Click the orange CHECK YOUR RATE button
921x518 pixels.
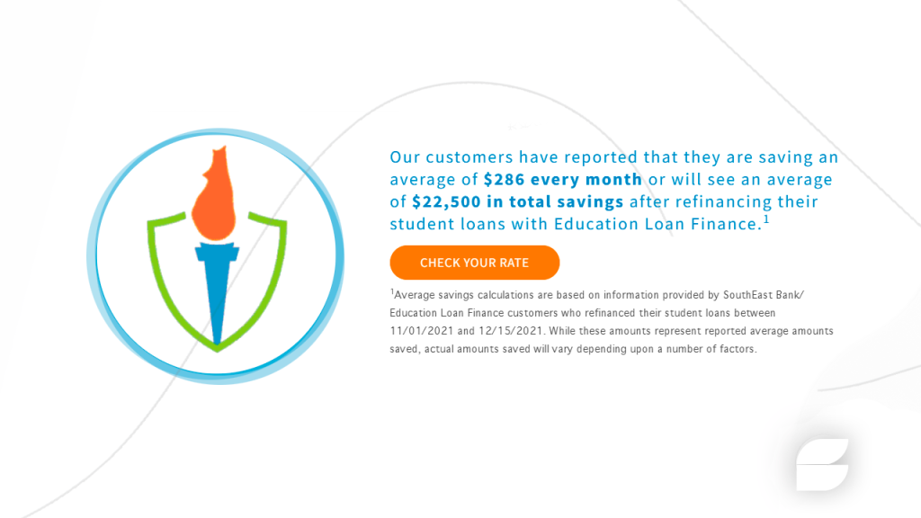click(475, 263)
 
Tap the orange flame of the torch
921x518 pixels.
click(215, 195)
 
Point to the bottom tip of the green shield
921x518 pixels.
click(217, 352)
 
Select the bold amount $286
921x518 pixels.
click(504, 179)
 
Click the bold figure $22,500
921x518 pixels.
click(446, 201)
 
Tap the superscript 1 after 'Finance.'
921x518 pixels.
click(766, 219)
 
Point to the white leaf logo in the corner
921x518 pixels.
click(822, 464)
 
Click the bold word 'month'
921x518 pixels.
click(613, 179)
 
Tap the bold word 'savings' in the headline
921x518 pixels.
click(590, 202)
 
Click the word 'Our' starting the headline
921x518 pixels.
click(405, 157)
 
